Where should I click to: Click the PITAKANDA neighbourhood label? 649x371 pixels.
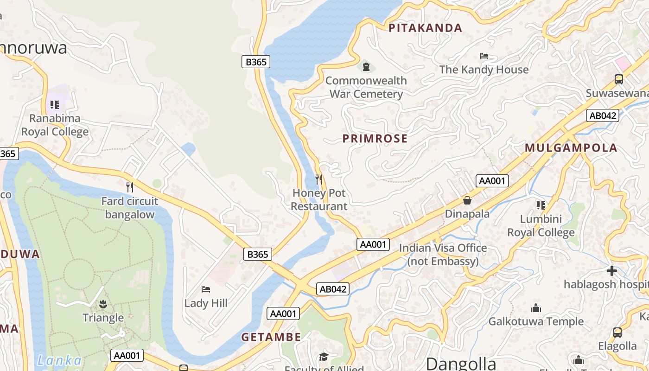425,28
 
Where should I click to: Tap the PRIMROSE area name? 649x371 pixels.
375,138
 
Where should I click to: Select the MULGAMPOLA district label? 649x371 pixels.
571,148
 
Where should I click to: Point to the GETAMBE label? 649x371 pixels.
271,337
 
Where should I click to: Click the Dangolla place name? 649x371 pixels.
461,363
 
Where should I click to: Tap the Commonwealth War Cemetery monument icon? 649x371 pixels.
366,67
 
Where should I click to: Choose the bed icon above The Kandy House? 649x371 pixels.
484,56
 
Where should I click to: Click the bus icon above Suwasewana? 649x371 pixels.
618,79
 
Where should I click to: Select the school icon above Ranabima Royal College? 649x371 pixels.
55,105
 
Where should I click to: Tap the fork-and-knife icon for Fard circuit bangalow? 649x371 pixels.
130,187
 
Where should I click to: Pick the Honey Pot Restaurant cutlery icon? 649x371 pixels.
319,179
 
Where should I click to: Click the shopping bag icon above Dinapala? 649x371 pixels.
467,200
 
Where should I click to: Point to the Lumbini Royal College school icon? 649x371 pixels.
541,205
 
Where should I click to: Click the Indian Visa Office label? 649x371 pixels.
443,255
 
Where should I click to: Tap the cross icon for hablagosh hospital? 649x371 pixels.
612,270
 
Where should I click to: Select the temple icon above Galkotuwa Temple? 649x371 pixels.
536,308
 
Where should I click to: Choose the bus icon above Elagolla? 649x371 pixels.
617,332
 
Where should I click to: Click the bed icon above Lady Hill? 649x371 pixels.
206,289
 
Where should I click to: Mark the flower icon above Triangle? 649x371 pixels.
103,304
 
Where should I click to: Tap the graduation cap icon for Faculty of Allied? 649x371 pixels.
323,357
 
